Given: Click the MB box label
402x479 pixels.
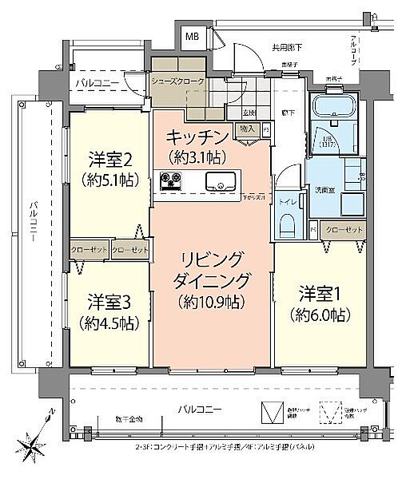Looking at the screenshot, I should click(x=193, y=36).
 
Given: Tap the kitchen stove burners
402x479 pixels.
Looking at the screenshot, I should click(x=171, y=180).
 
